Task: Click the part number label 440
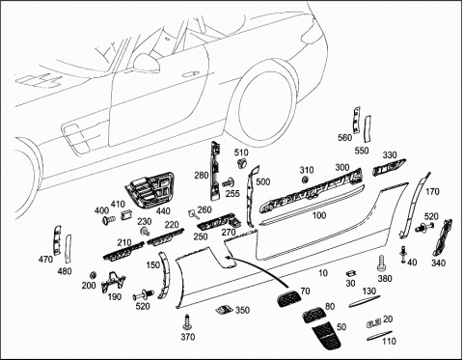164,211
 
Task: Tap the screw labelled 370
187,321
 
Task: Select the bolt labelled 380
381,263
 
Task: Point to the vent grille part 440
150,189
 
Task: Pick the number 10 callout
322,273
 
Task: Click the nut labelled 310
305,180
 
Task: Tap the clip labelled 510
241,163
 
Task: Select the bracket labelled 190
113,282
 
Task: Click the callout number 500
263,181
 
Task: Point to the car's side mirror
147,63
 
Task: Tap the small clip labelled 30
351,273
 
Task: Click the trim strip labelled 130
365,300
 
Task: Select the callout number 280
202,176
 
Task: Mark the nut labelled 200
93,275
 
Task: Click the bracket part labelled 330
389,167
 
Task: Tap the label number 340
438,263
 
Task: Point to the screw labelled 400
109,220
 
